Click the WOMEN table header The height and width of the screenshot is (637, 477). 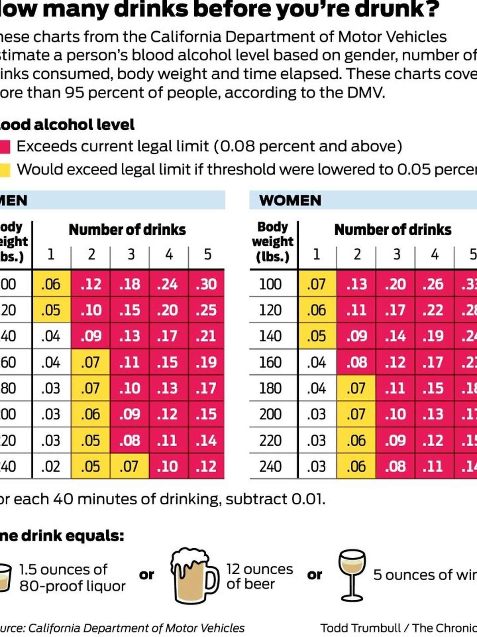290,200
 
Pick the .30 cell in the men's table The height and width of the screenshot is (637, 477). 206,284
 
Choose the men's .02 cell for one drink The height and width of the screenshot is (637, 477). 51,467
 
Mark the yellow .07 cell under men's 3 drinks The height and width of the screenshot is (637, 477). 129,467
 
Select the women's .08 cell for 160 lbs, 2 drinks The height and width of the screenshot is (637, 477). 357,362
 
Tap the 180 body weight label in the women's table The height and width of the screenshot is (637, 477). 270,388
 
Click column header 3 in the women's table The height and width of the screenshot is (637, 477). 397,255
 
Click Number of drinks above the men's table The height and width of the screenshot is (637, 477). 127,230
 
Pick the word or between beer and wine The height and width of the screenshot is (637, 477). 314,575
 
